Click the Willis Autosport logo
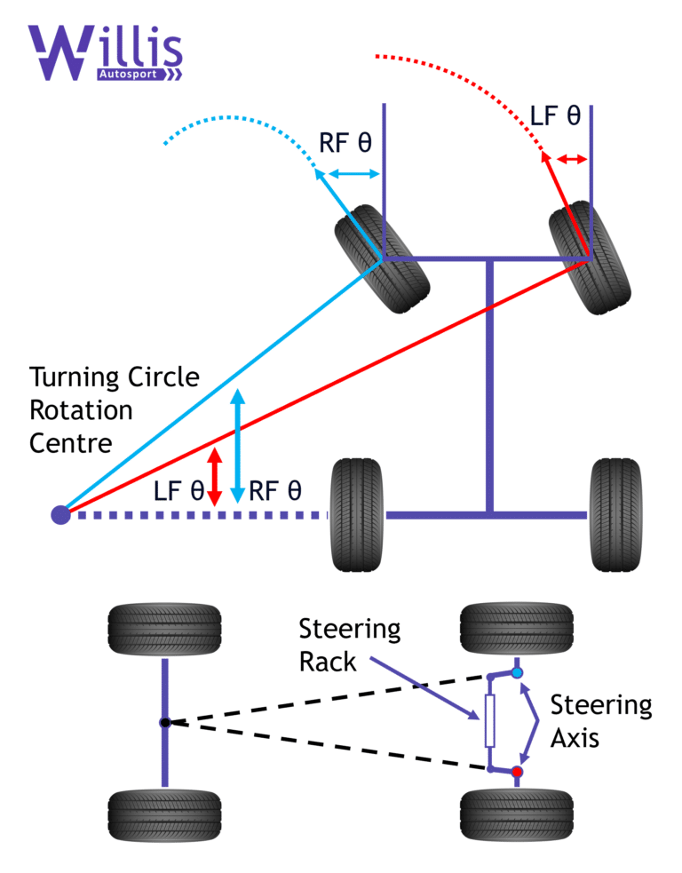[x=105, y=53]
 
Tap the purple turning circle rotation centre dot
[x=60, y=514]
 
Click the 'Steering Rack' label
[x=349, y=646]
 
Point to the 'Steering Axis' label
[x=601, y=721]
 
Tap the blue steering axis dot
[x=517, y=673]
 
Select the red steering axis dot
[x=517, y=773]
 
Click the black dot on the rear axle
[x=165, y=723]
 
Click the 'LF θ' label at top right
[x=555, y=115]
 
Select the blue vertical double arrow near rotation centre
[x=237, y=447]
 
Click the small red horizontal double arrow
[x=573, y=159]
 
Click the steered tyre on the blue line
[x=382, y=258]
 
